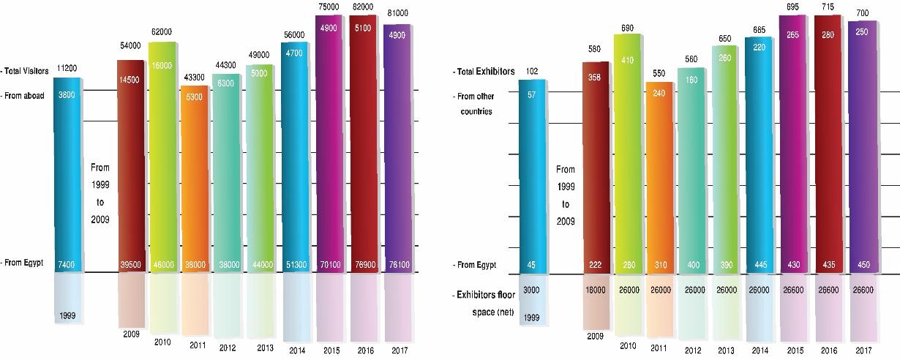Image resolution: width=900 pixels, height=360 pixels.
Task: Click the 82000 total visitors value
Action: pyautogui.click(x=361, y=6)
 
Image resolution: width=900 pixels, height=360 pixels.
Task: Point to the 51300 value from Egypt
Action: pyautogui.click(x=293, y=264)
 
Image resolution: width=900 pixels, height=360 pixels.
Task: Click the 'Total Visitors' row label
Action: pyautogui.click(x=26, y=71)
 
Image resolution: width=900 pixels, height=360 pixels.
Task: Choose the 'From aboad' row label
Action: pyautogui.click(x=24, y=95)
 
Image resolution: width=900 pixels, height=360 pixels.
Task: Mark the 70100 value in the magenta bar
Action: pyautogui.click(x=328, y=264)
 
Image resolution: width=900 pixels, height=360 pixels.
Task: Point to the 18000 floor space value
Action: pyautogui.click(x=595, y=290)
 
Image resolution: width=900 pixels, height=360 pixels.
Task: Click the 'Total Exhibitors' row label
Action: pyautogui.click(x=484, y=72)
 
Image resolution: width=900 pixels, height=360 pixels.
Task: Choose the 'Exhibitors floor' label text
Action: pyautogui.click(x=484, y=295)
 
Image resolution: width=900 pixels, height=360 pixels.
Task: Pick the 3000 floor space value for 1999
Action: pyautogui.click(x=532, y=290)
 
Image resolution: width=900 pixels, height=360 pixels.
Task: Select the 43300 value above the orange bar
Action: pyautogui.click(x=196, y=77)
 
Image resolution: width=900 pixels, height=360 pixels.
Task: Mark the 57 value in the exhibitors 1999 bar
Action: pyautogui.click(x=532, y=95)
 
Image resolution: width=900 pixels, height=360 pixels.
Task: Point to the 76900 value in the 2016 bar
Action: pyautogui.click(x=361, y=264)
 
